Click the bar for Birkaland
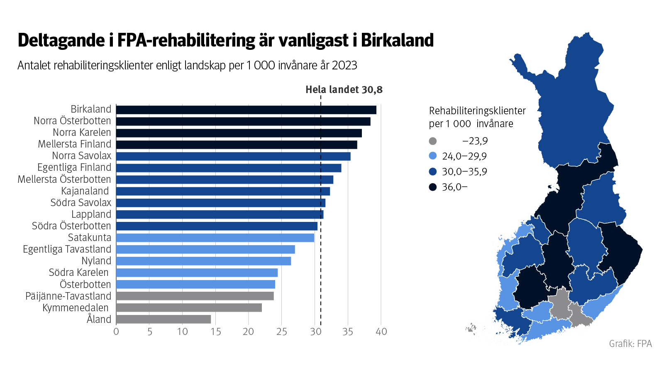tap(246, 110)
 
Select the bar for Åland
tap(164, 319)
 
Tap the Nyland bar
tap(203, 261)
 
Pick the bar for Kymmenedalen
tap(189, 308)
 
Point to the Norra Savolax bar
tap(233, 156)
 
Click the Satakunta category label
tap(90, 238)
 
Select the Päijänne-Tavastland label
tap(68, 296)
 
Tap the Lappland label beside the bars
tap(91, 214)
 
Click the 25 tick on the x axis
tap(281, 332)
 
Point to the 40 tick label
tap(381, 332)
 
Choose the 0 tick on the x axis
tap(116, 332)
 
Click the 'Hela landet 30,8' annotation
tap(344, 90)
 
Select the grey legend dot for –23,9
tap(433, 141)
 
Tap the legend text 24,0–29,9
tap(464, 156)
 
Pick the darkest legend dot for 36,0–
tap(433, 187)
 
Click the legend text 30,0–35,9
tap(464, 172)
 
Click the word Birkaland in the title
tap(397, 41)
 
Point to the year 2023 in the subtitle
tap(344, 66)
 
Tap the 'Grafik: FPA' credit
tap(630, 344)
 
